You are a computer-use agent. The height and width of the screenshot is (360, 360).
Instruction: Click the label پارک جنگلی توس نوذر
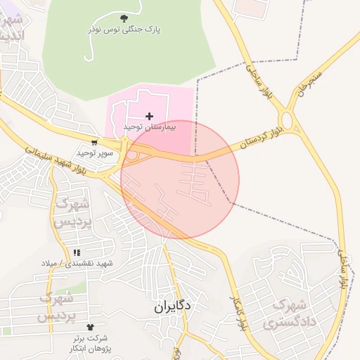point(124,30)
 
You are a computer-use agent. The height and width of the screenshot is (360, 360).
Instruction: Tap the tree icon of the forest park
point(124,18)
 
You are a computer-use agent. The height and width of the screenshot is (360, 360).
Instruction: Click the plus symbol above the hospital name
point(149,116)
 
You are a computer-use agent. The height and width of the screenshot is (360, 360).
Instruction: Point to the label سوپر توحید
point(91,152)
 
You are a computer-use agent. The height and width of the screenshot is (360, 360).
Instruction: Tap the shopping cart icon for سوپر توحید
point(94,142)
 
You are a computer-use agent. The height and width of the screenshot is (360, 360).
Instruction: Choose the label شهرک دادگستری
point(288,314)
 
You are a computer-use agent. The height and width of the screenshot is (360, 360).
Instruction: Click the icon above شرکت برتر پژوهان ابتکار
point(90,327)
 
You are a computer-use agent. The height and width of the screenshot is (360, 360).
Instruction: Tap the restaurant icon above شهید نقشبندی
point(77,252)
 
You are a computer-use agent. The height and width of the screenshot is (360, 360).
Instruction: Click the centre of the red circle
point(180,180)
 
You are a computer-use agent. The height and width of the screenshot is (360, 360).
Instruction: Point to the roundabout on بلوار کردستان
point(288,120)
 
